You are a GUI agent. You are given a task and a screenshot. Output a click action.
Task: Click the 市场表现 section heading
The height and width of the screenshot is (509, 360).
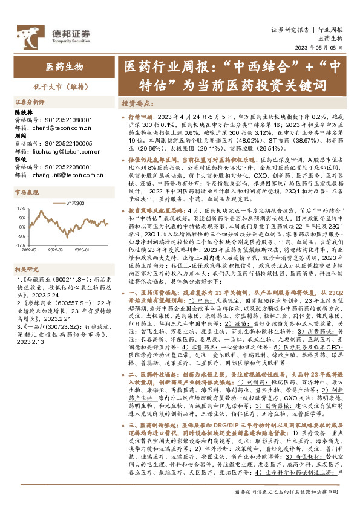pos(27,192)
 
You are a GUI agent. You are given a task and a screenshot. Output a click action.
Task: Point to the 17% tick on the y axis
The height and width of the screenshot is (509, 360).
pos(21,207)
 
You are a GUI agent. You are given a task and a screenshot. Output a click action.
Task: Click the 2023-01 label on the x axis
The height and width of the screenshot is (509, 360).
pos(94,248)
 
